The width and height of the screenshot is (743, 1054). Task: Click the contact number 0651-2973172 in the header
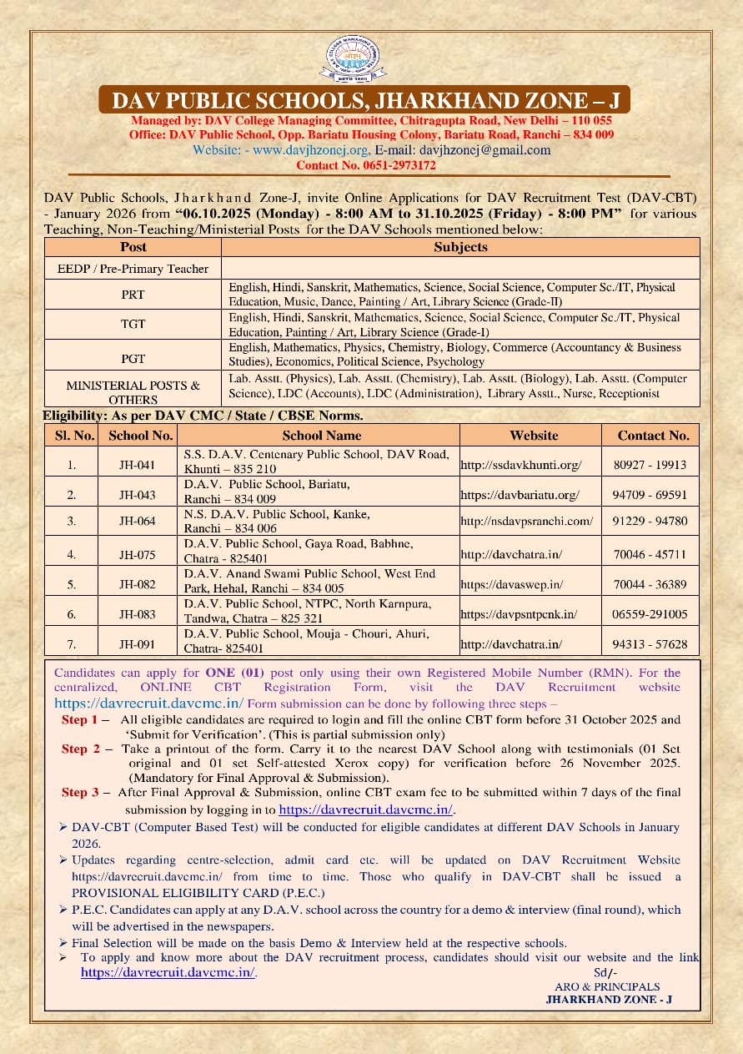(x=366, y=165)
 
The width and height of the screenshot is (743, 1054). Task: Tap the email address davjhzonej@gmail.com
(x=485, y=150)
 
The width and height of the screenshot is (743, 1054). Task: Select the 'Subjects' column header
(x=460, y=247)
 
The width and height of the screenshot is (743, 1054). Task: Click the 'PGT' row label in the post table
(x=133, y=359)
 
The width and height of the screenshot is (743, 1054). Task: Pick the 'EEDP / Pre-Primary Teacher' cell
(x=133, y=269)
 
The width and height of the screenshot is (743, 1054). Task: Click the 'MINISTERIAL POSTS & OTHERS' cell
(x=133, y=392)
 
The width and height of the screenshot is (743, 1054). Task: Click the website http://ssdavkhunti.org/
(x=521, y=465)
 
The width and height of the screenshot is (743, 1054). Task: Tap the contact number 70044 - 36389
(x=650, y=585)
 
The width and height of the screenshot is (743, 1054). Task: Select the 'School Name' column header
(x=322, y=435)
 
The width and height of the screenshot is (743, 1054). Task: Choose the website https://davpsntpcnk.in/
(x=519, y=614)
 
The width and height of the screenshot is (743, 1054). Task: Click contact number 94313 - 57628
(x=650, y=644)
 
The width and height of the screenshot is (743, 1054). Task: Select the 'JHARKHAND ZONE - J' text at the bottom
(x=609, y=999)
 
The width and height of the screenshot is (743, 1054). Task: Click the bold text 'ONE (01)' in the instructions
(x=233, y=672)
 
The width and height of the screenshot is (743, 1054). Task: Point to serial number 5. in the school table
(x=72, y=585)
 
